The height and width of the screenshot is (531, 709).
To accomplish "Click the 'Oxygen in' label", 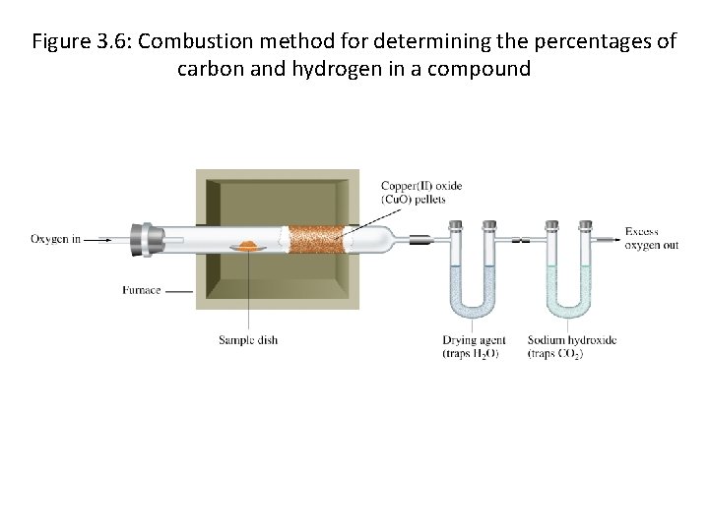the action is click(x=55, y=239).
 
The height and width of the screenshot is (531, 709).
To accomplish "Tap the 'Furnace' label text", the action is click(x=141, y=290).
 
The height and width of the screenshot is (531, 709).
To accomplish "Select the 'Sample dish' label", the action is click(x=248, y=340).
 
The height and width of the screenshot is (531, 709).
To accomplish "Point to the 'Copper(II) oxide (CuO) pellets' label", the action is click(x=420, y=193).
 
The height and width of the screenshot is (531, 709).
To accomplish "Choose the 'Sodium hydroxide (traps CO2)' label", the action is click(x=571, y=347).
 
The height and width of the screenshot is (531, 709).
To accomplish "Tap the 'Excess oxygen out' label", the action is click(x=651, y=239).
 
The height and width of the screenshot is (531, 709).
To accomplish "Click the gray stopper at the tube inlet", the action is click(x=152, y=239).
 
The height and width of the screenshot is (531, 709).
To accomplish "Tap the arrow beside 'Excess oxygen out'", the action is click(x=609, y=237).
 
